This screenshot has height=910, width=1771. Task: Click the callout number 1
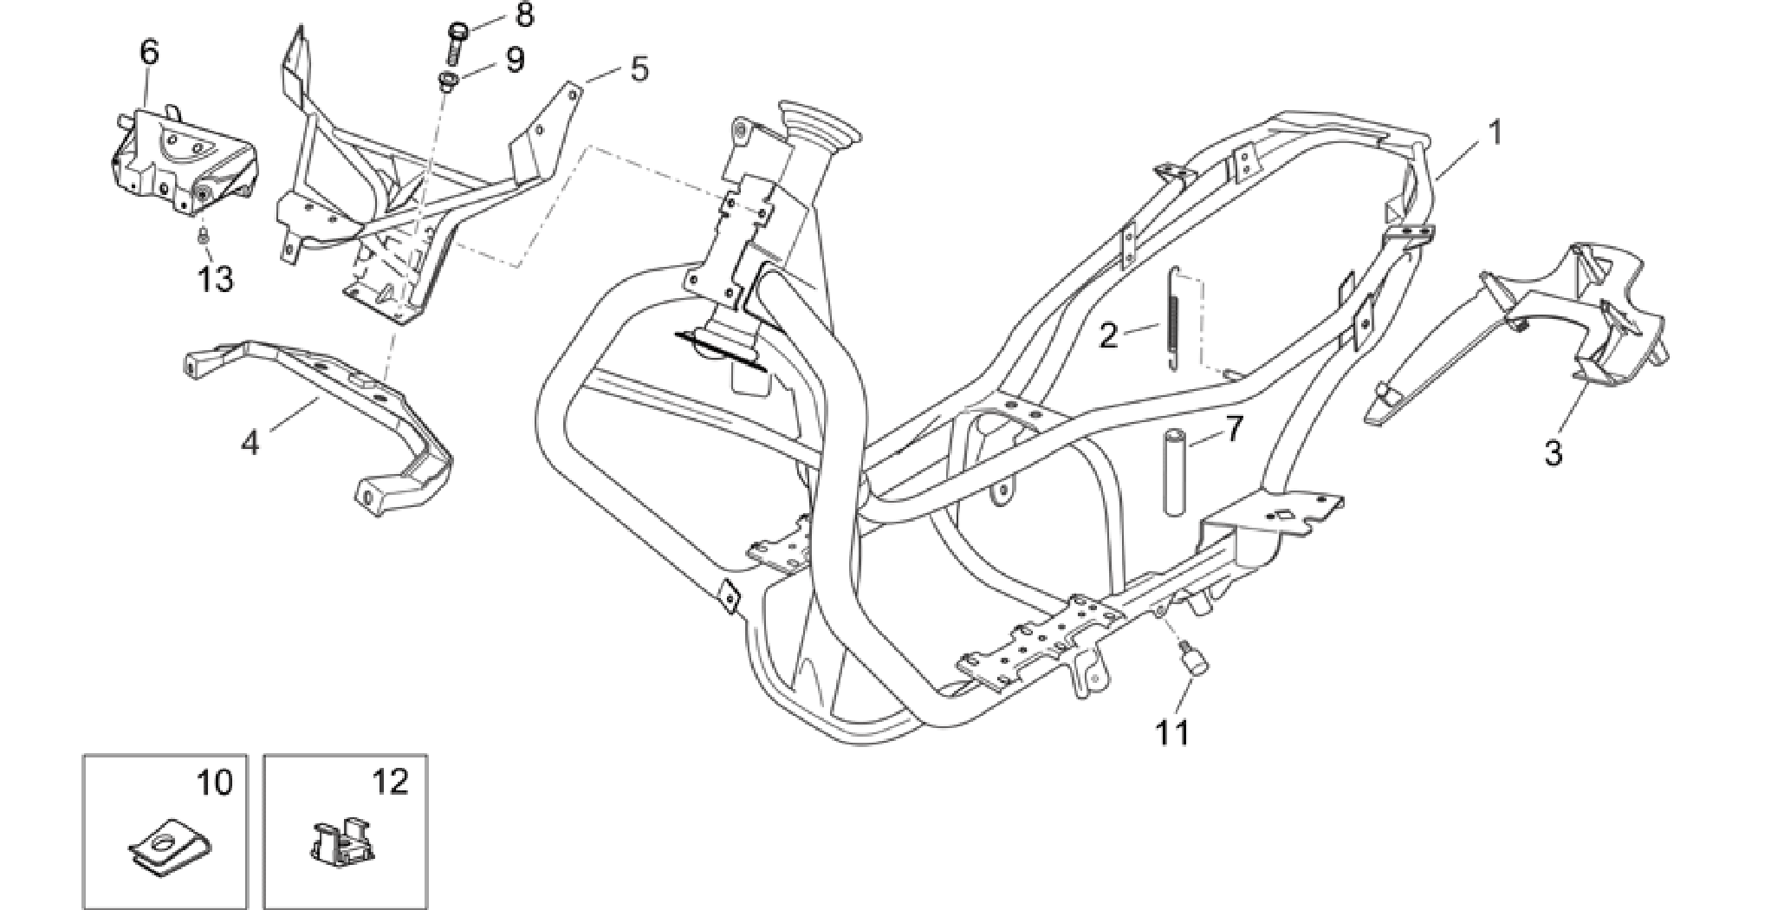coord(1494,133)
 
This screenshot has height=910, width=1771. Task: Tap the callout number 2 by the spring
coord(1109,335)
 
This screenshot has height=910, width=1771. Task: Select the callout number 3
coord(1554,452)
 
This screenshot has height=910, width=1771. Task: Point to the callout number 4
coord(250,443)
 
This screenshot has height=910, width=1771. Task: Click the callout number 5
coord(639,68)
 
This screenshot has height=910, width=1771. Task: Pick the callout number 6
coord(149,52)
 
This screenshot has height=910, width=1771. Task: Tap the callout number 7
coord(1234,429)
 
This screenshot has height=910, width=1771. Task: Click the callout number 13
coord(215,279)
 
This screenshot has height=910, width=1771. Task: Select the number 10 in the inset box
coord(214,783)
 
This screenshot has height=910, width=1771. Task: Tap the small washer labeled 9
coord(449,82)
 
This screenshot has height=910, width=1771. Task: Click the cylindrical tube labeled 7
coord(1175,472)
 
